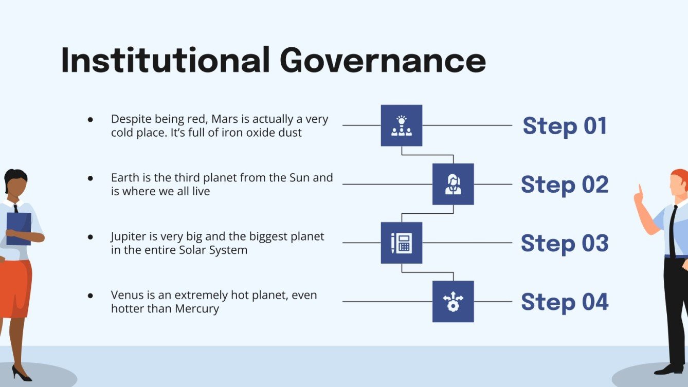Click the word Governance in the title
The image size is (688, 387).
pos(383,61)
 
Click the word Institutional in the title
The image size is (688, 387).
pos(165,61)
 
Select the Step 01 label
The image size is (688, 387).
pos(565,126)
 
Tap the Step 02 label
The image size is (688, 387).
pos(565,185)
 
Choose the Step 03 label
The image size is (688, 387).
pos(565,243)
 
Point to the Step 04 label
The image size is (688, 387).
pos(565,302)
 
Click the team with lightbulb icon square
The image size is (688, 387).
pos(401,125)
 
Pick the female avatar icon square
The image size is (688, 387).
pos(453,184)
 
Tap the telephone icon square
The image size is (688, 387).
pos(401,243)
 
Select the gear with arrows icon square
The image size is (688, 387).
pos(453,301)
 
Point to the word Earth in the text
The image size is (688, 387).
pos(125,178)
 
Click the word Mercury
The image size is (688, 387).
pos(197,309)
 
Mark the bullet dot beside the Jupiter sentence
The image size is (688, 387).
pos(90,237)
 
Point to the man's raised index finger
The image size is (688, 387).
pos(640,189)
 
